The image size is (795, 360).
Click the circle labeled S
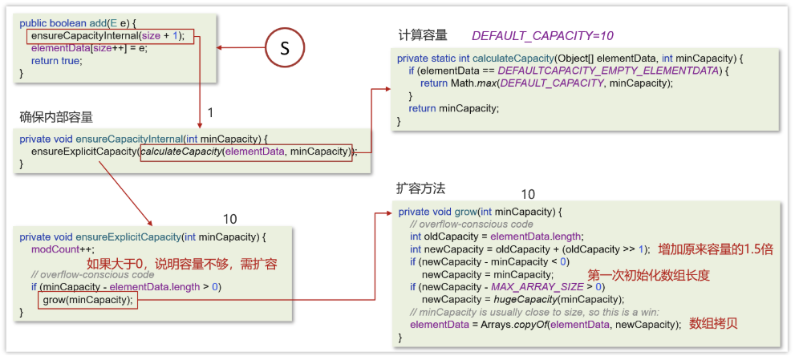click(284, 48)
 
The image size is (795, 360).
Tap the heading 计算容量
click(422, 35)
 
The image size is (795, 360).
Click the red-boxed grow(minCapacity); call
click(89, 301)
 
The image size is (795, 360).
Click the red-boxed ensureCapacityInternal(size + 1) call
click(108, 36)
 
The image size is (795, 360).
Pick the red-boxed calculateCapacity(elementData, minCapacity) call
click(246, 152)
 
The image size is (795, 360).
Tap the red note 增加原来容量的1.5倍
click(715, 249)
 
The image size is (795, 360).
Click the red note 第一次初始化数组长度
click(648, 275)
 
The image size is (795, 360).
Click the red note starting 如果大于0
click(181, 263)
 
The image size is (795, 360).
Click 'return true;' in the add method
click(56, 61)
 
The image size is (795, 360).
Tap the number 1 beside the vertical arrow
click(210, 114)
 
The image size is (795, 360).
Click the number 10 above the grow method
click(527, 195)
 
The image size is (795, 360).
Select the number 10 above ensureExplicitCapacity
click(230, 219)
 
